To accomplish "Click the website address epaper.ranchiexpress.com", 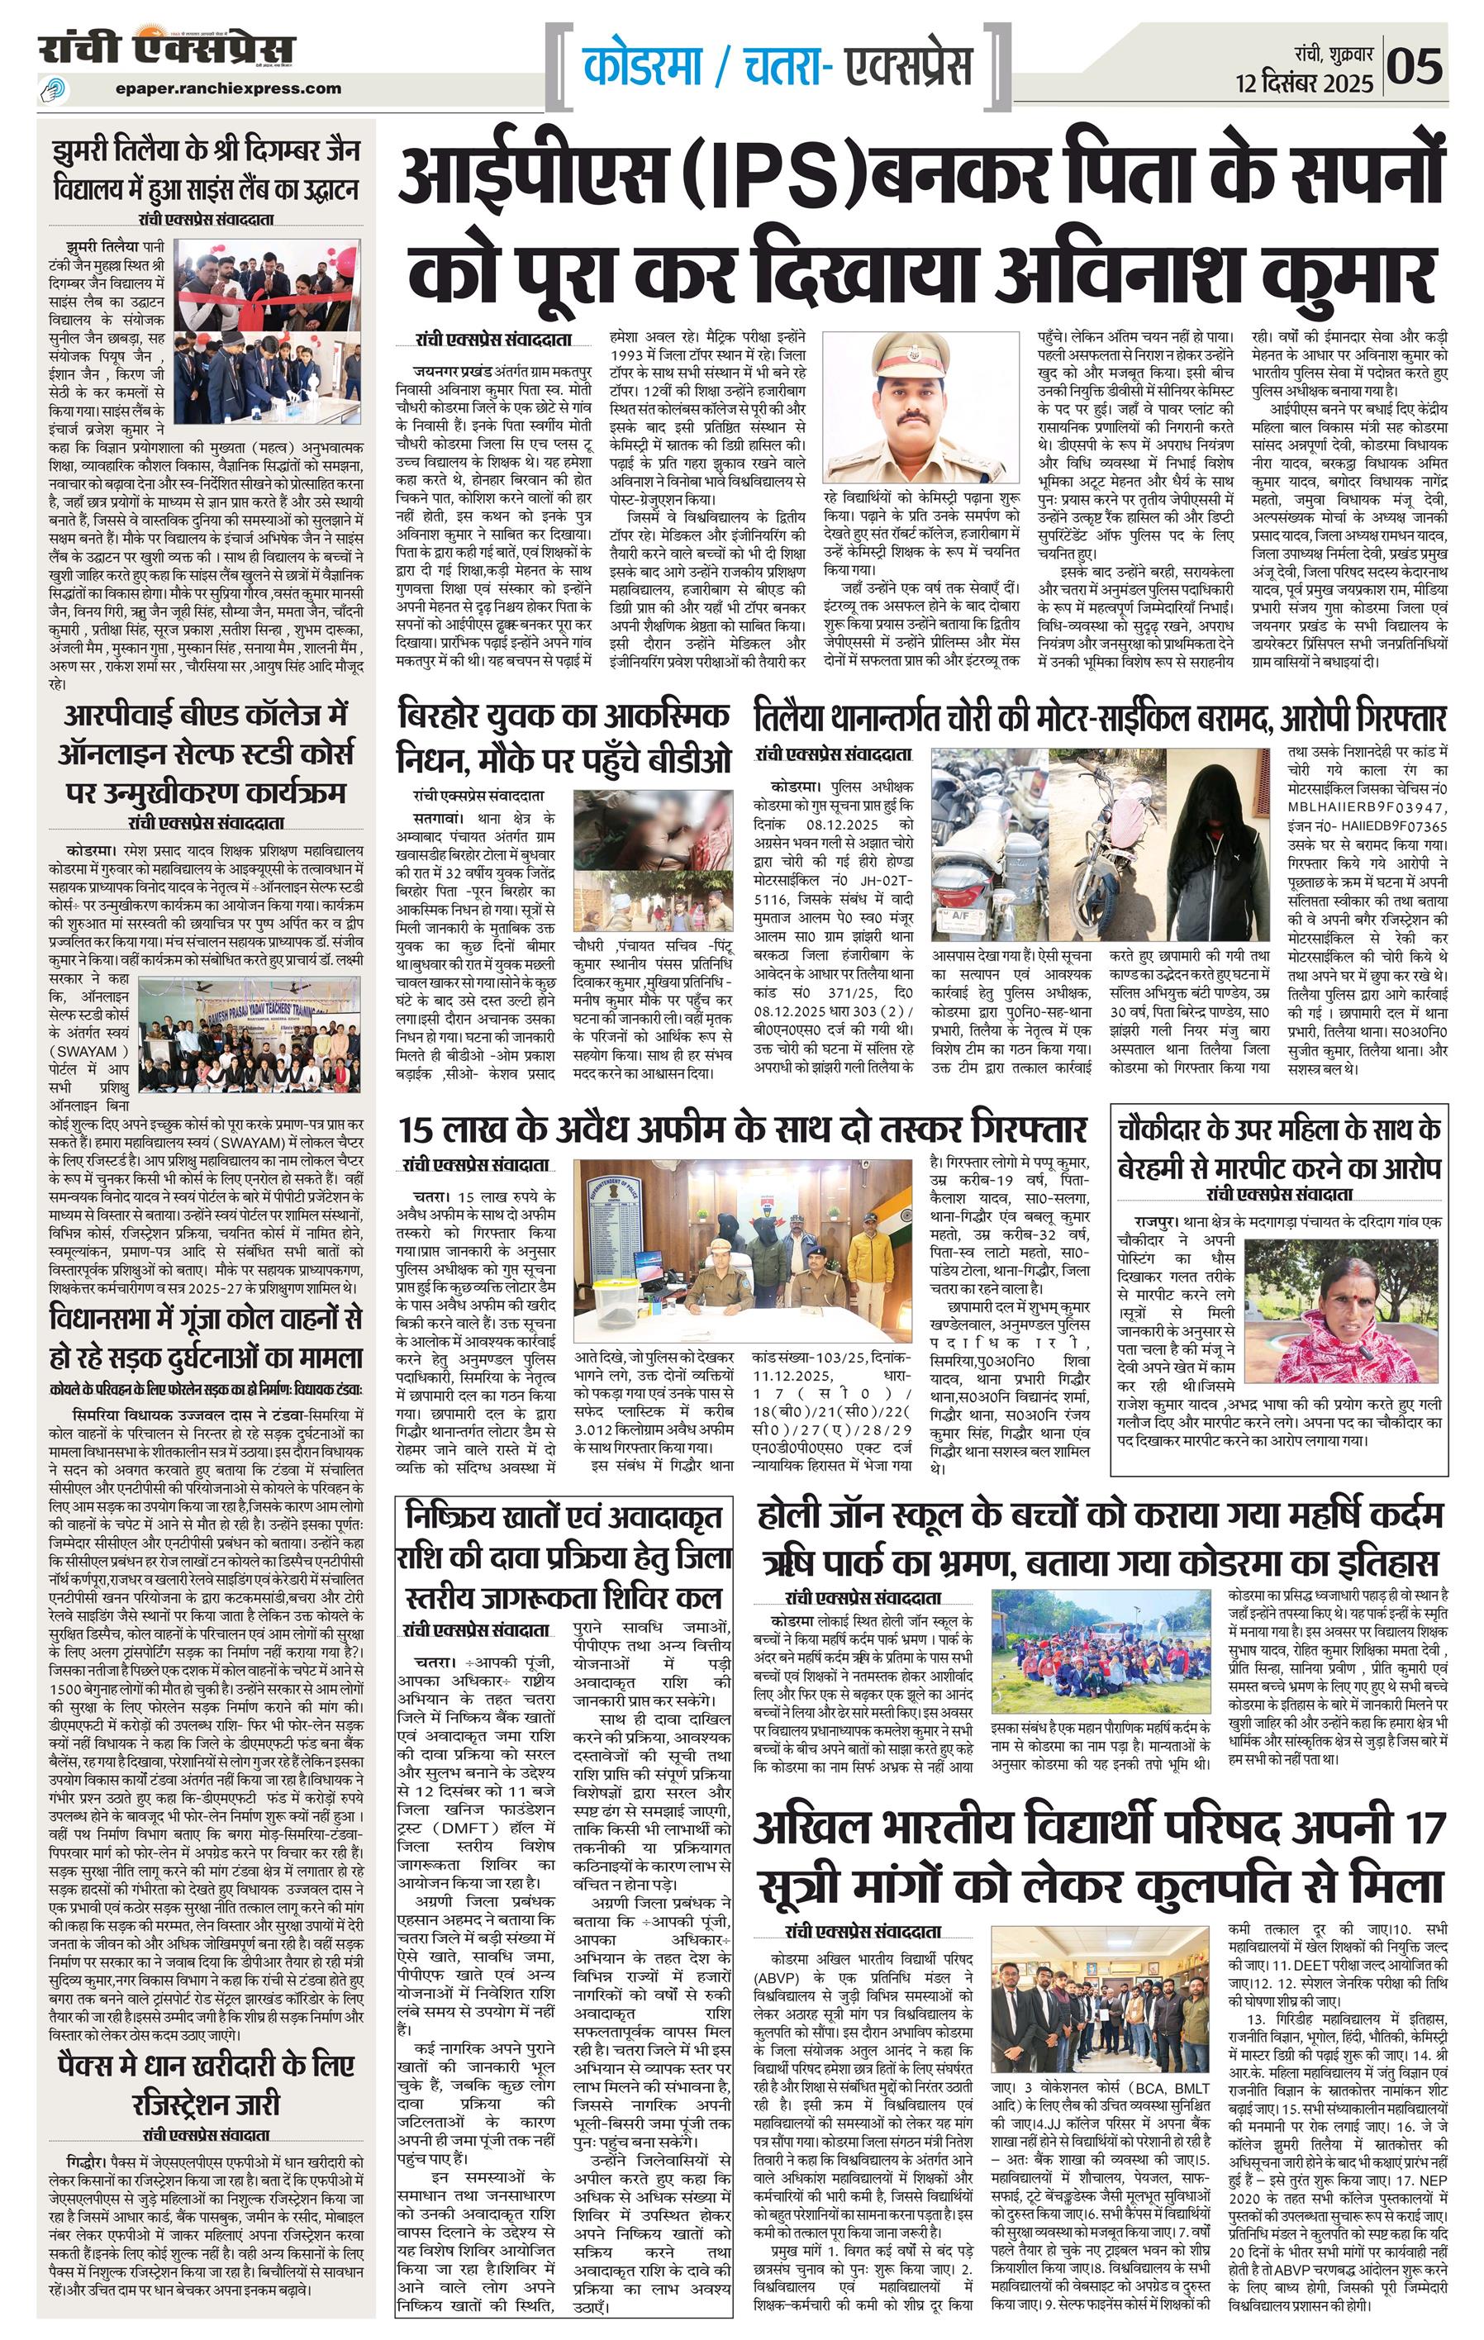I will tap(227, 88).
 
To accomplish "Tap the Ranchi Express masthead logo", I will tap(166, 49).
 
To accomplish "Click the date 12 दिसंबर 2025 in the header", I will tap(1304, 83).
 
